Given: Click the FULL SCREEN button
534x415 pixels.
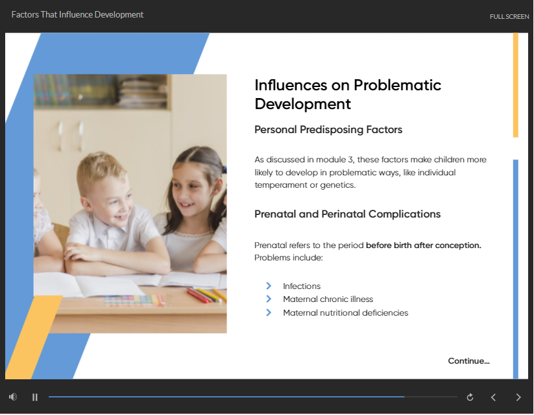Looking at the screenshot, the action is (x=509, y=16).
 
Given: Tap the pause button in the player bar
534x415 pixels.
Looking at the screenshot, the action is (x=35, y=397).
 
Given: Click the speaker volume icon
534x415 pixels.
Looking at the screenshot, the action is (x=13, y=397).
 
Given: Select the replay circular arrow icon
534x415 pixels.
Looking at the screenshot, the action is (x=470, y=397).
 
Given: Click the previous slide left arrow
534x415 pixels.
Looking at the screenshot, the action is (x=493, y=397).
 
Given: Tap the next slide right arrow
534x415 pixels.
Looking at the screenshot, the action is (x=518, y=397).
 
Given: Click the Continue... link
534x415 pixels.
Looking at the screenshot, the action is (x=468, y=361).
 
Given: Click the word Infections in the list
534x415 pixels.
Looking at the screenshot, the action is (x=302, y=286).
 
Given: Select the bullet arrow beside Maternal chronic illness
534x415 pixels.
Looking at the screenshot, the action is (x=269, y=299).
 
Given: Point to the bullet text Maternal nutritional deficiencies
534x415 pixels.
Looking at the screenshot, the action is (x=345, y=312).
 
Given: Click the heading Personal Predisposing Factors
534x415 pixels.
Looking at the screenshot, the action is (x=328, y=130).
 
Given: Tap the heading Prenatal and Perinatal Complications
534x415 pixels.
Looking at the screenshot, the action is (x=347, y=214).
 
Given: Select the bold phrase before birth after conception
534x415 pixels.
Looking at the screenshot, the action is (x=423, y=245).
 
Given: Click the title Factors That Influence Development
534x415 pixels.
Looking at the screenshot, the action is (x=77, y=15).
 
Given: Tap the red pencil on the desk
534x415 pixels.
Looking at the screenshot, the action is (x=198, y=296).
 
